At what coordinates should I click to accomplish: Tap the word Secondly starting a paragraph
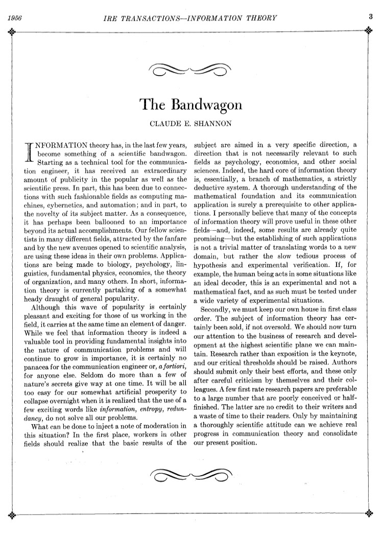click(x=217, y=309)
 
